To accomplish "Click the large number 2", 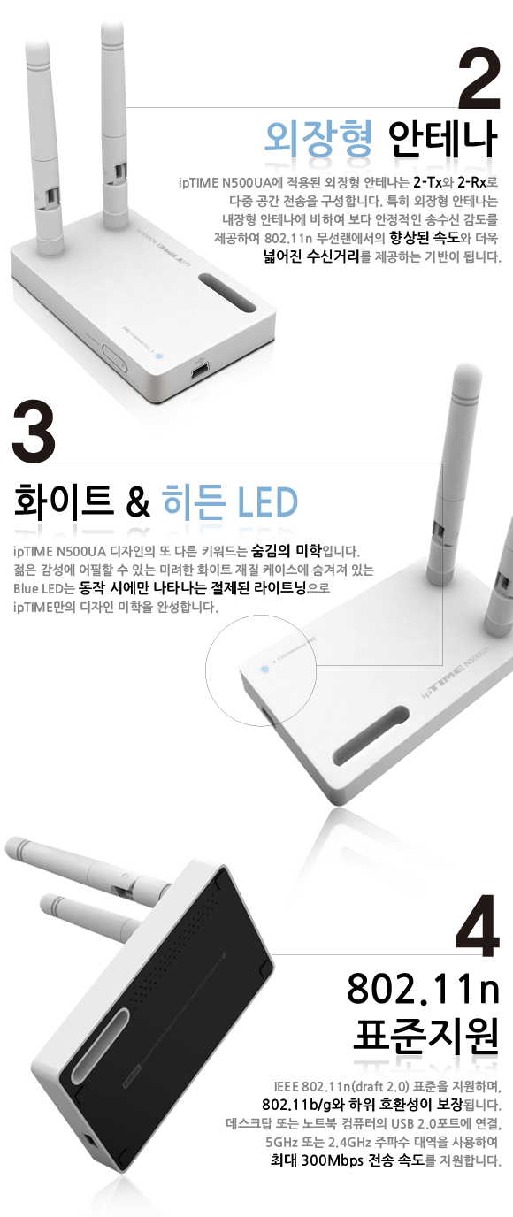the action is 479,79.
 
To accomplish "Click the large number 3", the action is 34,431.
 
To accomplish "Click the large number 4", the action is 478,925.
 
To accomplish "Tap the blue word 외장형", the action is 318,138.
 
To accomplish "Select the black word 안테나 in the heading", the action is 443,138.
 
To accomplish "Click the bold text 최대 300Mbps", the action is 317,1160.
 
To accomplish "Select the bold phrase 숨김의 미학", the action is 287,551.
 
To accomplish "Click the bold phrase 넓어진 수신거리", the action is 311,256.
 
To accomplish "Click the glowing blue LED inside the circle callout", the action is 265,669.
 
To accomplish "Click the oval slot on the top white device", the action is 227,293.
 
